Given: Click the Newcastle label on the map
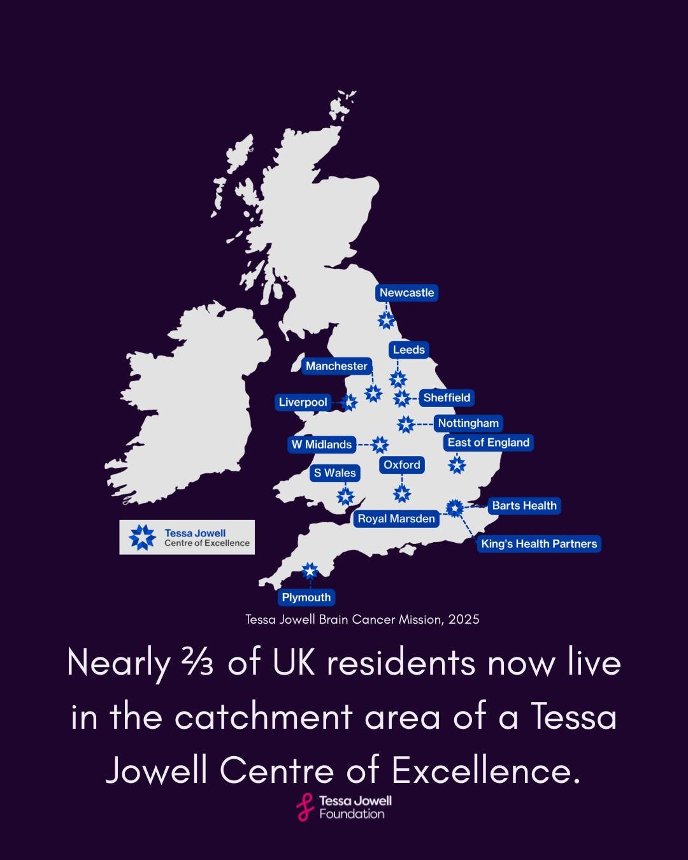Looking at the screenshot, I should (x=406, y=293).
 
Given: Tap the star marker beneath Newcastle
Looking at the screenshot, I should (x=386, y=320).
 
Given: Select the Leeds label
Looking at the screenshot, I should (x=408, y=350).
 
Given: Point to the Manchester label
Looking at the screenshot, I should (x=336, y=366).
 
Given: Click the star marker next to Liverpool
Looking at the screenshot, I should (x=349, y=403).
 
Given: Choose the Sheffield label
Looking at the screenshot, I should (x=447, y=398).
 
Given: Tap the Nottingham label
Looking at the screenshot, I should (x=468, y=424).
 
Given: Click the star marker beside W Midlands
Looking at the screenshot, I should (x=380, y=445).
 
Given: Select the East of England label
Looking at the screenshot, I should (x=489, y=443).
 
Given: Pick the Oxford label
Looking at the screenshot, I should (x=402, y=465).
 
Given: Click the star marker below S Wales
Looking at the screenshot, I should (x=345, y=496).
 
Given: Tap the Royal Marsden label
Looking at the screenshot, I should (x=396, y=519).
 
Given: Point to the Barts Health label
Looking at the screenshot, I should (x=524, y=506).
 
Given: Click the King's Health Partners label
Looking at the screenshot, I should (x=539, y=544).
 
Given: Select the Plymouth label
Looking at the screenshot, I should (x=306, y=598).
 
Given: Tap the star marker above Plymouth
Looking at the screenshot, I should (x=310, y=571).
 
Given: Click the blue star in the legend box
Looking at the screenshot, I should (x=142, y=537).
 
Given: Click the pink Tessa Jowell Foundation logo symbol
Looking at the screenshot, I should (x=306, y=807).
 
